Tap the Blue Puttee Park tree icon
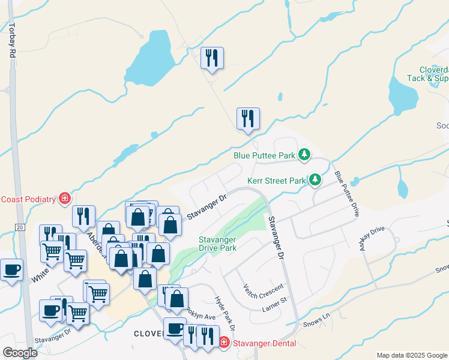(x=305, y=155)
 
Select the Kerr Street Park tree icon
(x=315, y=180)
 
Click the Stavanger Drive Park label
(x=217, y=244)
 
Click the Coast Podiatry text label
(x=28, y=199)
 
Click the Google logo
(x=20, y=353)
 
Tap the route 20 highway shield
(x=19, y=227)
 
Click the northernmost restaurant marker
(x=212, y=58)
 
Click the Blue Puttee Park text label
(x=265, y=155)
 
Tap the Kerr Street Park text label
(x=277, y=180)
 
